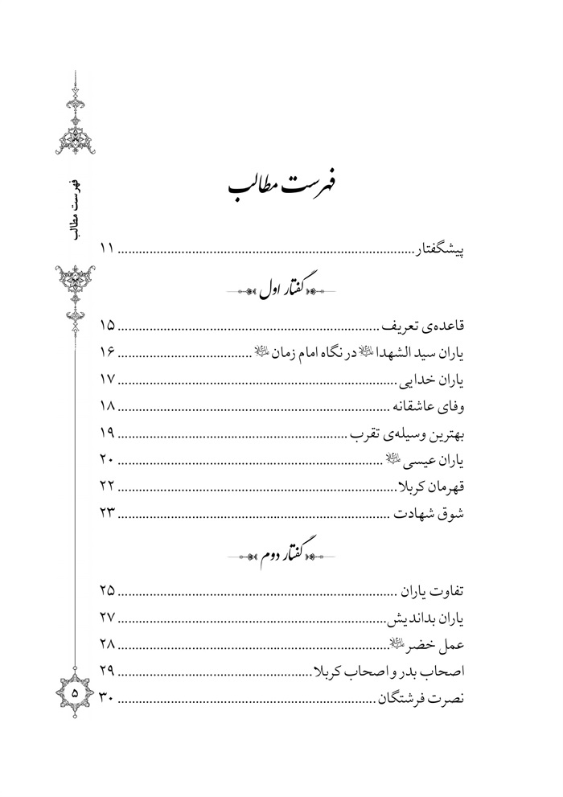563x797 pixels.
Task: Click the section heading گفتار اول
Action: (x=286, y=288)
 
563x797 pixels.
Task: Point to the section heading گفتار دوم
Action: (x=286, y=554)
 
